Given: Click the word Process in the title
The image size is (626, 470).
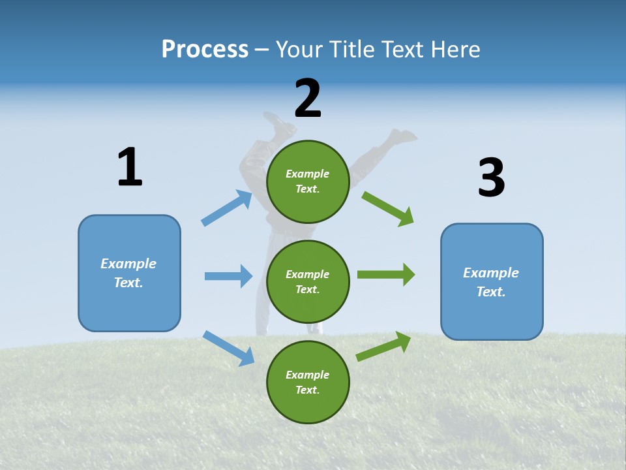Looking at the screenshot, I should (x=205, y=49).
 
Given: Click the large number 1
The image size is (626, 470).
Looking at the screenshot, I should (x=130, y=167).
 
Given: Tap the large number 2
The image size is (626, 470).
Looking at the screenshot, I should (x=308, y=99).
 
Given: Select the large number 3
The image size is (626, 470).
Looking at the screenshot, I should (x=491, y=178).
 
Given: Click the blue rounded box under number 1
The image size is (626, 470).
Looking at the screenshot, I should (x=129, y=273).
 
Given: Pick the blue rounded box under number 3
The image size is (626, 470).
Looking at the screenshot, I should (x=492, y=281).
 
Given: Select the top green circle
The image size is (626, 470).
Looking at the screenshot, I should (x=308, y=181).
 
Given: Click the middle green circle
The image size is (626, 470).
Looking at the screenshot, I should (x=308, y=282).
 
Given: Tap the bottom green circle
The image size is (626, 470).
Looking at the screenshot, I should (x=308, y=382).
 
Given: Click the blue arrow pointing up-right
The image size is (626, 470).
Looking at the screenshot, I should (x=227, y=208).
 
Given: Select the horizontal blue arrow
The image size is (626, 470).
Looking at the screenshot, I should (x=228, y=276).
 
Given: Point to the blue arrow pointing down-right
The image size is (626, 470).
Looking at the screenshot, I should (x=228, y=348).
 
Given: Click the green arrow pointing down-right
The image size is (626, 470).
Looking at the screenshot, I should (x=388, y=208).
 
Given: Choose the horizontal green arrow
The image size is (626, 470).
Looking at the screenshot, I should (x=386, y=275).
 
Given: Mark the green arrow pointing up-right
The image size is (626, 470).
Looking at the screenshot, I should (x=384, y=347).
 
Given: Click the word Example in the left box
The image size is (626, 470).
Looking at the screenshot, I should (x=128, y=264).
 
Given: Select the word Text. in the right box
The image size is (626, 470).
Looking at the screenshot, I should (x=491, y=292).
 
